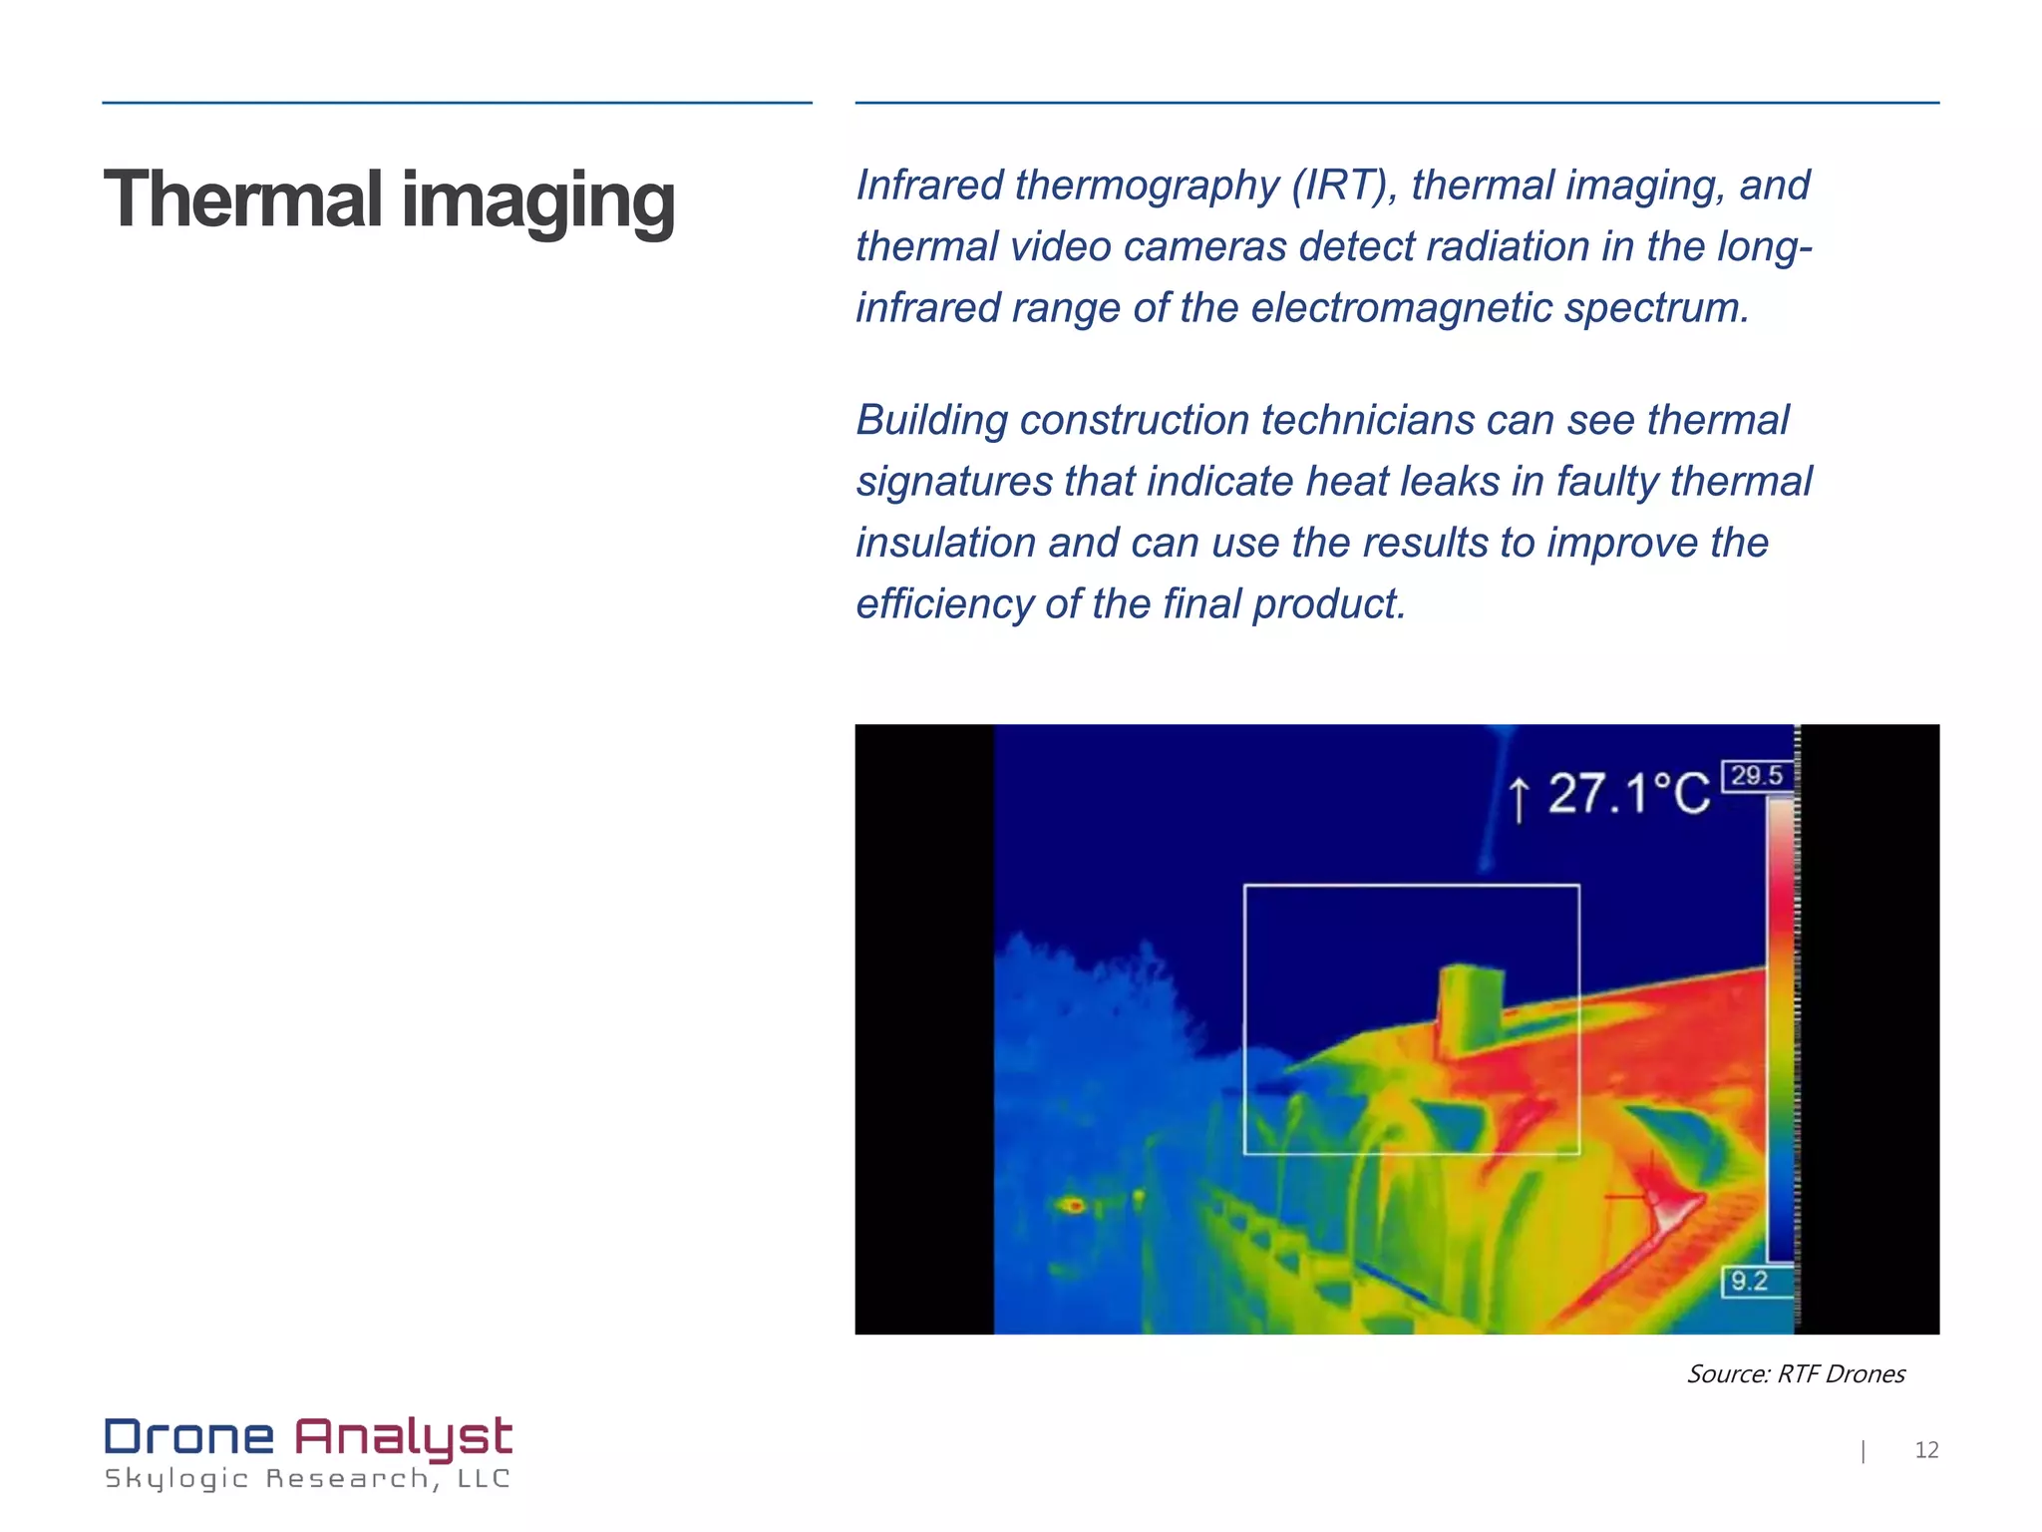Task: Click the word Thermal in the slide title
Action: [x=243, y=199]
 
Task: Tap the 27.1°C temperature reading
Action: [x=1628, y=795]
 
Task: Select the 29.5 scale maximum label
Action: [x=1756, y=776]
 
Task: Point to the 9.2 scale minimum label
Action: [x=1749, y=1281]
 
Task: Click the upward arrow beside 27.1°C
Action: [x=1519, y=799]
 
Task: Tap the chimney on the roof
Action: [x=1470, y=1009]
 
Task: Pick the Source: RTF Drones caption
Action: [x=1795, y=1374]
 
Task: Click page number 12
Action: [x=1926, y=1450]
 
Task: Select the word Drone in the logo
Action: [x=189, y=1437]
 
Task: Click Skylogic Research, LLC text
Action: [x=307, y=1478]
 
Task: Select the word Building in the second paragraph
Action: [x=931, y=421]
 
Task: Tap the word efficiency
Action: [x=943, y=604]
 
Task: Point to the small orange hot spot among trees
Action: [x=1075, y=1206]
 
